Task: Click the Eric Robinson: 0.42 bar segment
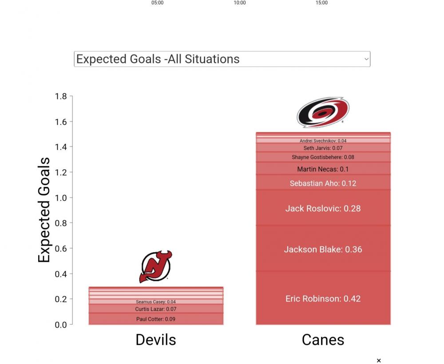coord(323,298)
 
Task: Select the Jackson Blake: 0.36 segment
coord(323,249)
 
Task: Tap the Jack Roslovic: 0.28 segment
coord(323,208)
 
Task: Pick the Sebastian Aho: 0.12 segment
coord(323,183)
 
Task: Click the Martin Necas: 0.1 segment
coord(323,169)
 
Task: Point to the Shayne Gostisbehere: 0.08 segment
coord(323,157)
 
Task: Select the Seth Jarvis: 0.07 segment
coord(323,148)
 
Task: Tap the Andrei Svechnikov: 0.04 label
coord(323,141)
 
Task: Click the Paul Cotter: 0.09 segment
coord(156,319)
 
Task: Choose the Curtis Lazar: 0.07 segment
coord(156,309)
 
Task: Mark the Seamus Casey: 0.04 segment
coord(156,302)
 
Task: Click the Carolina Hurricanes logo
coord(323,112)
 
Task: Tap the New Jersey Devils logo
coord(156,266)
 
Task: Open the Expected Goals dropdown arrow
coord(366,59)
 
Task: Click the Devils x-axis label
coord(156,340)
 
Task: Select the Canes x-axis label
coord(323,340)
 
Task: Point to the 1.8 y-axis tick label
coord(61,96)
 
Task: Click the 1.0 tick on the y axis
coord(61,198)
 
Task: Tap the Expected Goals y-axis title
coord(44,210)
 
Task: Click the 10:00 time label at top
coord(240,3)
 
